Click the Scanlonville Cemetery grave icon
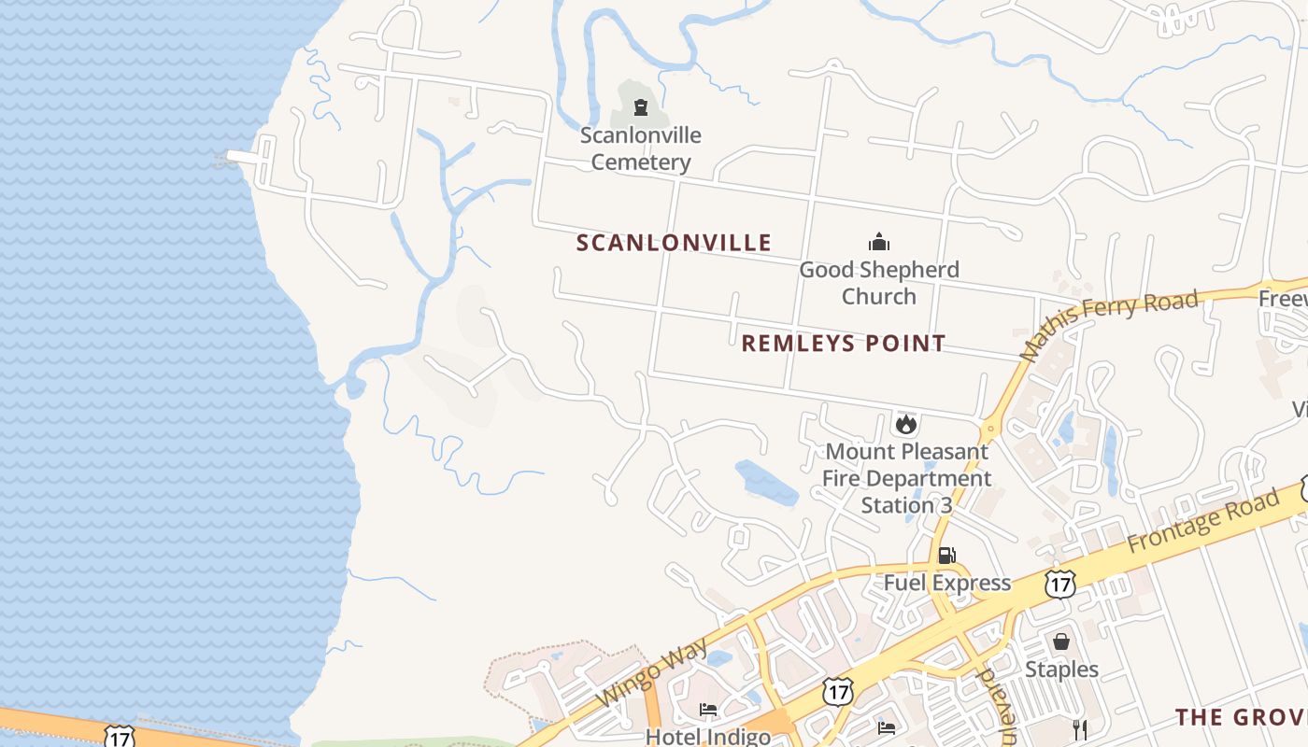click(x=641, y=107)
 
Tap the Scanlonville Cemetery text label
click(x=641, y=148)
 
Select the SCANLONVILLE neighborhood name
click(x=674, y=244)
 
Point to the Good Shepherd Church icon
click(x=879, y=243)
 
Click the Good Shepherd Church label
click(x=879, y=283)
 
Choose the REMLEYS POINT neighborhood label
click(x=844, y=344)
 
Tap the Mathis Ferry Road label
click(x=1109, y=324)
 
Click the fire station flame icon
click(x=905, y=425)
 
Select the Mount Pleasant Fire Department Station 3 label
click(x=906, y=478)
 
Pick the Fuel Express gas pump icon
click(x=946, y=557)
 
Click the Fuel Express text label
click(x=947, y=584)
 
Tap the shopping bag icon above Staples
click(x=1061, y=642)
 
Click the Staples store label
click(x=1062, y=669)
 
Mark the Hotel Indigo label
click(x=708, y=736)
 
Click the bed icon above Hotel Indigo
click(x=708, y=710)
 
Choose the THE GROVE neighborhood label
click(x=1241, y=717)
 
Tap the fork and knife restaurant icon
click(x=1080, y=728)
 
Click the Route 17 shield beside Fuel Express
click(x=1059, y=585)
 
